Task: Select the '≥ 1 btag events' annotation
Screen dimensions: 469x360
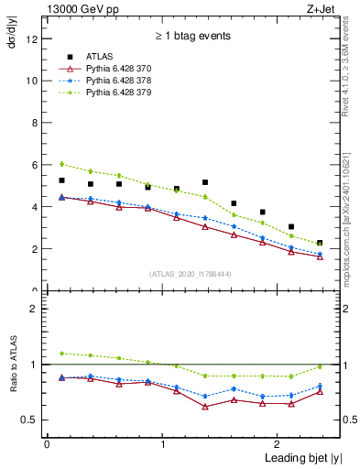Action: pos(192,36)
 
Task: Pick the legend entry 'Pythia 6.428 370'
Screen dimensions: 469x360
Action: pos(120,69)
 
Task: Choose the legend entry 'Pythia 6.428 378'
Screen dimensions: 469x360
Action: pos(120,81)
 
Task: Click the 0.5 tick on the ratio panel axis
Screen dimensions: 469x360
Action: pos(29,420)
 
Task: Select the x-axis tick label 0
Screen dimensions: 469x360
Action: pos(47,444)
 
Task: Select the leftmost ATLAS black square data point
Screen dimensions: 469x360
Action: pos(61,180)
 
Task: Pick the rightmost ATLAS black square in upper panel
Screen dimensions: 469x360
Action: pos(320,243)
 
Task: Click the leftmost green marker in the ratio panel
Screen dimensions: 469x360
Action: pos(61,354)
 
